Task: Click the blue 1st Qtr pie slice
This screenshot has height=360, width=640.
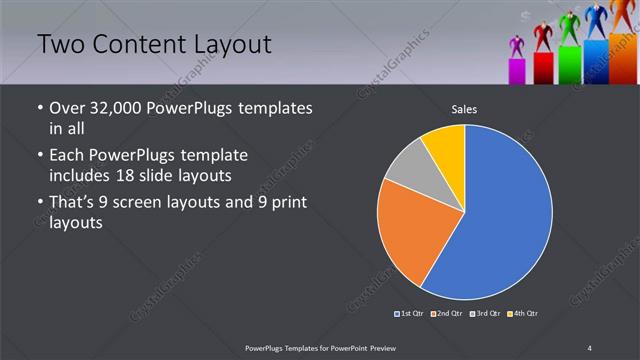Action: tap(505, 215)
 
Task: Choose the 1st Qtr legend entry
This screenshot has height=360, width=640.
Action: tap(409, 314)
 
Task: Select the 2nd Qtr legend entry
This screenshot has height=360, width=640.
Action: tap(446, 314)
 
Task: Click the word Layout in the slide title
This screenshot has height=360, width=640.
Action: tap(236, 45)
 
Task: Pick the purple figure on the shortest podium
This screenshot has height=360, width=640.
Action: tap(517, 46)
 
